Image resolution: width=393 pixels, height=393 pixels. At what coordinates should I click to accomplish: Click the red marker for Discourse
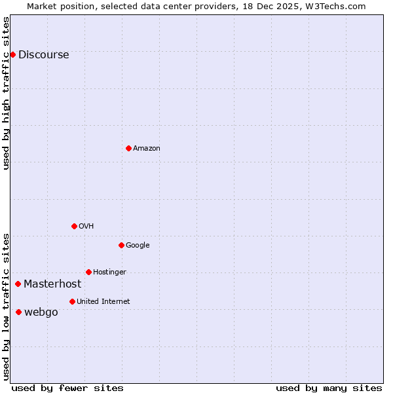(x=12, y=54)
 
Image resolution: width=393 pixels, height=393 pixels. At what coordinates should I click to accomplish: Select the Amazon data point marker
(x=128, y=148)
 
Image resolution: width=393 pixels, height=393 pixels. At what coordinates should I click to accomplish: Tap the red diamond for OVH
(x=74, y=226)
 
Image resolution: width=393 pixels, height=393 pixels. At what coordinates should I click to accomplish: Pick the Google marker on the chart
(x=121, y=245)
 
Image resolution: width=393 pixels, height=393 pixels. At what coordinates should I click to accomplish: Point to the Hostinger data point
(x=88, y=272)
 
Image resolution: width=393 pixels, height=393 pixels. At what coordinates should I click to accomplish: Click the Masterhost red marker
(x=18, y=284)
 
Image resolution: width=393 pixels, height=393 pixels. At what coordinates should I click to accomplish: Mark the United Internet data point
(x=72, y=301)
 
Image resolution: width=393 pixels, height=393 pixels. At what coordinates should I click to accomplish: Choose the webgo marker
(x=18, y=312)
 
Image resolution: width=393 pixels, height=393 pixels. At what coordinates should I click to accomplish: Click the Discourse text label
(x=44, y=55)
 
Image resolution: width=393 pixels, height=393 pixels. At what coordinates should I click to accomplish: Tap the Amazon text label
(x=147, y=149)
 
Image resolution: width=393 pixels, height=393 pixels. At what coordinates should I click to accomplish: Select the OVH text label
(x=86, y=227)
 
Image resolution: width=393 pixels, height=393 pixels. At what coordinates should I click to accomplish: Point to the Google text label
(x=138, y=246)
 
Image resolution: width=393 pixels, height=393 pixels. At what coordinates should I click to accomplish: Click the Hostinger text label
(x=109, y=272)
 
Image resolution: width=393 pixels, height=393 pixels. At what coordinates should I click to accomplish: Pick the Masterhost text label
(x=52, y=284)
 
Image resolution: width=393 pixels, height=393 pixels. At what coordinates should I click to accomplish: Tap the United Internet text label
(x=103, y=302)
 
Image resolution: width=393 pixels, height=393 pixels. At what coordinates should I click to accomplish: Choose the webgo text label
(x=41, y=312)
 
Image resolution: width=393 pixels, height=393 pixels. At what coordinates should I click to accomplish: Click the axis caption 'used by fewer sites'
(x=67, y=388)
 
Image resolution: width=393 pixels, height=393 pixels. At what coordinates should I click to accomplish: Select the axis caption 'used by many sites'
(x=329, y=388)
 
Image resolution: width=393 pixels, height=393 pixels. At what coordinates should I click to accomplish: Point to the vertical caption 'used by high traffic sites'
(x=7, y=93)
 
